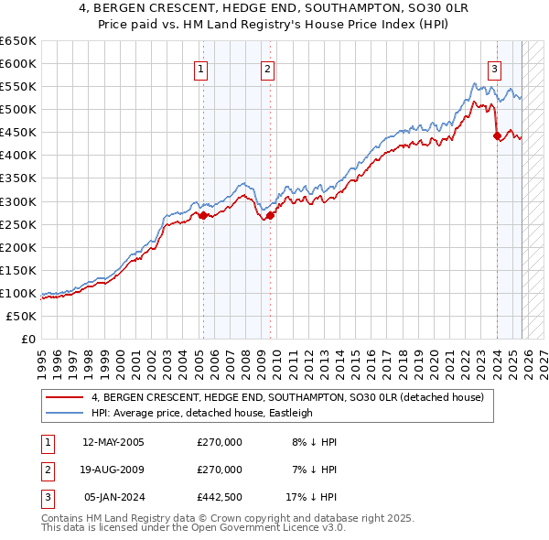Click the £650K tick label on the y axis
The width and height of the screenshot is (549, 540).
[18, 41]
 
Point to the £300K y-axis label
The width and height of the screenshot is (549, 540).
[18, 201]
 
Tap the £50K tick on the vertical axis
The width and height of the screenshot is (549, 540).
[22, 316]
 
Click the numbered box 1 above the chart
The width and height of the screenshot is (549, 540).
[200, 68]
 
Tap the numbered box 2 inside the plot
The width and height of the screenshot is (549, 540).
[267, 68]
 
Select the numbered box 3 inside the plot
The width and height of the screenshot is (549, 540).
[494, 68]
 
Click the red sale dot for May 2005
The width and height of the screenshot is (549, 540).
[203, 215]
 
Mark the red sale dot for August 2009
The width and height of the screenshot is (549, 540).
[271, 215]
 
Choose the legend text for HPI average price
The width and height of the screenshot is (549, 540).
[201, 413]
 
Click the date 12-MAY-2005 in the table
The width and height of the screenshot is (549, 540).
[113, 442]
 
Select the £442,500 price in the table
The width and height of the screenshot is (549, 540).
[220, 497]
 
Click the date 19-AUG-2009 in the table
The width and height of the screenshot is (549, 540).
[113, 470]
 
